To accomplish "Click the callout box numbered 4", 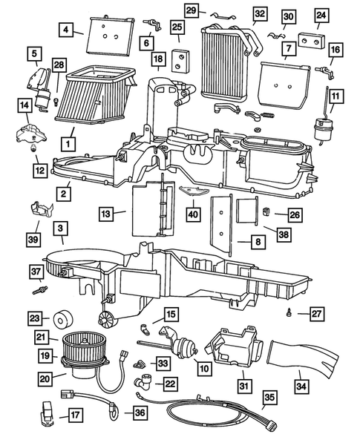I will tap(68, 30).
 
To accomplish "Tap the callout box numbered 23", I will tap(35, 318).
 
